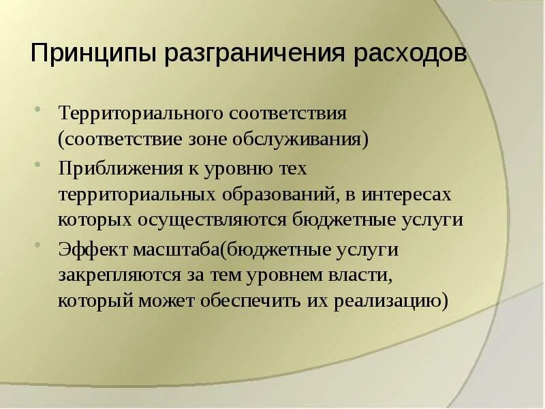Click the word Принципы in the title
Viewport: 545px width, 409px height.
pyautogui.click(x=93, y=53)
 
